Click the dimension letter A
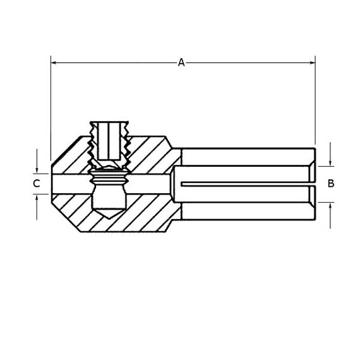point(181,63)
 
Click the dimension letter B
point(331,183)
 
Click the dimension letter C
point(37,184)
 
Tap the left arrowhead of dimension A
point(54,63)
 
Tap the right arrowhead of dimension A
point(313,63)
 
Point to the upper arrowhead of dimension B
point(330,163)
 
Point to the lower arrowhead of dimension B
point(330,206)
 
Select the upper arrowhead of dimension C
point(37,171)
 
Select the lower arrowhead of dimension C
point(37,197)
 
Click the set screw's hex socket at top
point(109,141)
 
